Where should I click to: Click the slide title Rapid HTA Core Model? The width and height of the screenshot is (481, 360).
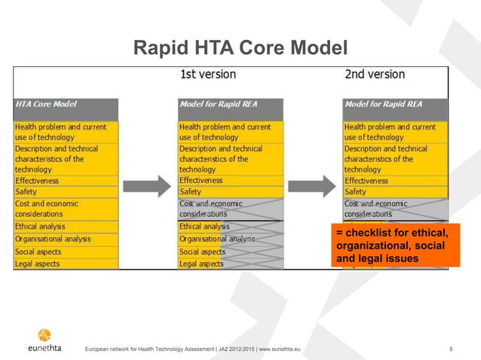click(x=240, y=48)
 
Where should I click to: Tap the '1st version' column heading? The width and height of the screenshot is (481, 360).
click(x=207, y=75)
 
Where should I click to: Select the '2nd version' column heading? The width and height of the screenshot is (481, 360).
click(x=374, y=75)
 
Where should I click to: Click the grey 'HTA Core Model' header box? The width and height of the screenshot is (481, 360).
click(x=66, y=108)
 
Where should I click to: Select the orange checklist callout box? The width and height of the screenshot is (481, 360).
click(x=395, y=245)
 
